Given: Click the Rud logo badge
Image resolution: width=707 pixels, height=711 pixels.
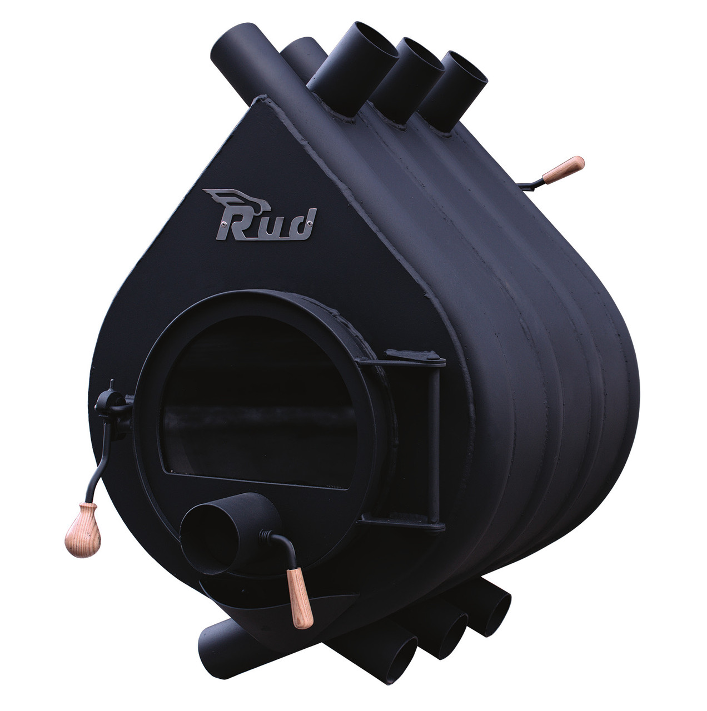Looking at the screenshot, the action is click(x=260, y=216).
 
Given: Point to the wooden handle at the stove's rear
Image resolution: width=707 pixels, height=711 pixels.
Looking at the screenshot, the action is click(x=563, y=170).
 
